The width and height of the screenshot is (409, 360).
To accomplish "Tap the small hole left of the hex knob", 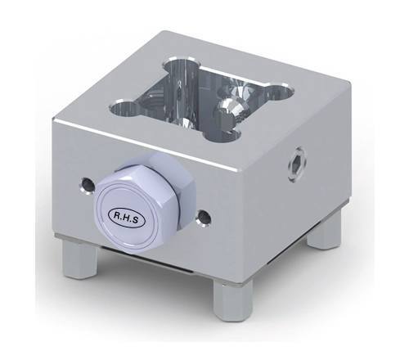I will (85, 185).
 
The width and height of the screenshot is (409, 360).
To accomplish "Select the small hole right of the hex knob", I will (205, 217).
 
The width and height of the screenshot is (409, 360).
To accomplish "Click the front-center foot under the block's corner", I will (232, 304).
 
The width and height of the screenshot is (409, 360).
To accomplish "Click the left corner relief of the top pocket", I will (122, 106).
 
